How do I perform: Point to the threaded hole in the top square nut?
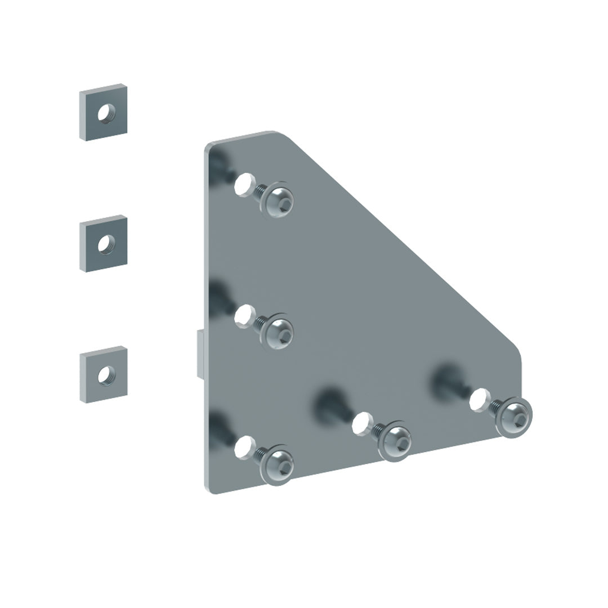tap(104, 114)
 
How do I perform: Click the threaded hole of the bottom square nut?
tap(105, 374)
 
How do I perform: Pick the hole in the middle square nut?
tap(105, 244)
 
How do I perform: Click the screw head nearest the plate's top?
tap(279, 199)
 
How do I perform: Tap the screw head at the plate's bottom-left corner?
tap(278, 464)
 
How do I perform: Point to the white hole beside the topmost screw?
tap(243, 184)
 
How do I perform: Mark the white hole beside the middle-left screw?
tap(243, 315)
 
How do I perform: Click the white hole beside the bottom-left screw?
tap(243, 446)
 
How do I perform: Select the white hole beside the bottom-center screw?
tap(361, 422)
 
